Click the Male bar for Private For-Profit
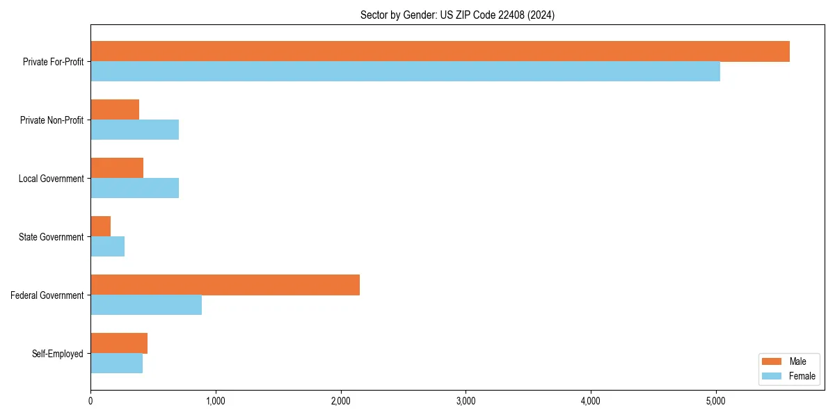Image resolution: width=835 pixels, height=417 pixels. [x=440, y=51]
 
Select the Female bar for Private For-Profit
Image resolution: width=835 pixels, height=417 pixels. [x=405, y=72]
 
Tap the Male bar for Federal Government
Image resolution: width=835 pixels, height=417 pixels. [x=225, y=285]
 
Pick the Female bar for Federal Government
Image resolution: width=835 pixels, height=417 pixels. [x=146, y=305]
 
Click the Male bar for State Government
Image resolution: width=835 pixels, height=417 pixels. [x=101, y=227]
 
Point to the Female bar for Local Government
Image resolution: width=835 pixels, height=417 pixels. [x=134, y=188]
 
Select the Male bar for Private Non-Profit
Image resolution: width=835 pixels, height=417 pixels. [x=115, y=110]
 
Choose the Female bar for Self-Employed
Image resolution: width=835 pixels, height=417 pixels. [x=116, y=363]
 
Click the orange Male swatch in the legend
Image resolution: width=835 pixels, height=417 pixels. [x=772, y=361]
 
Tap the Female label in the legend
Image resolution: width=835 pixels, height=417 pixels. [x=802, y=376]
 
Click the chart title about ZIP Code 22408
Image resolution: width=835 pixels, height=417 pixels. [x=457, y=15]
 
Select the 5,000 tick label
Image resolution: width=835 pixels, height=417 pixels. [x=715, y=400]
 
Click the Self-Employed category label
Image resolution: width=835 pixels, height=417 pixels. [x=58, y=354]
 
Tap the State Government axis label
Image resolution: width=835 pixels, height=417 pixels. [x=51, y=237]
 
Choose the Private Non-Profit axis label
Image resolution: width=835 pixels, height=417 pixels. [x=51, y=120]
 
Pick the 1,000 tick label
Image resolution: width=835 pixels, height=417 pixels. [x=215, y=400]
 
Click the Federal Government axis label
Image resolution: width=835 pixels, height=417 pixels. [x=47, y=295]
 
